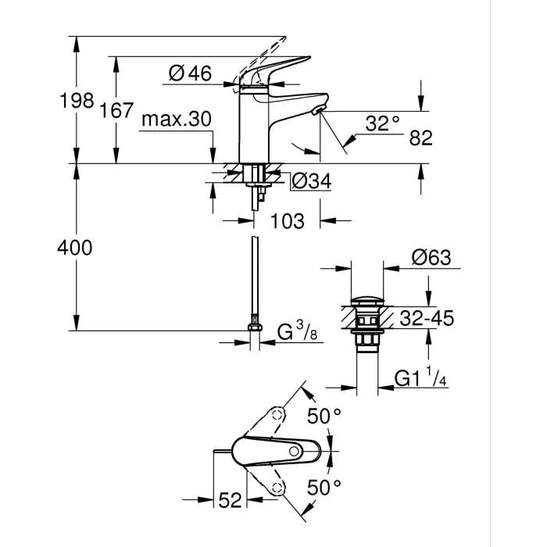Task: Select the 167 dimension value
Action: coord(117,110)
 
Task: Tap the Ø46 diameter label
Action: coord(190,73)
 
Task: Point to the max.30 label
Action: coord(177,120)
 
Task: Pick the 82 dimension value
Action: coord(420,138)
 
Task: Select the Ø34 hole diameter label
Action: coord(311,181)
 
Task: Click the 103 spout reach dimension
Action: coord(287,221)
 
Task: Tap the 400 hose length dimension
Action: coord(76,248)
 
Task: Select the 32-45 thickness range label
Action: coord(425,318)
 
